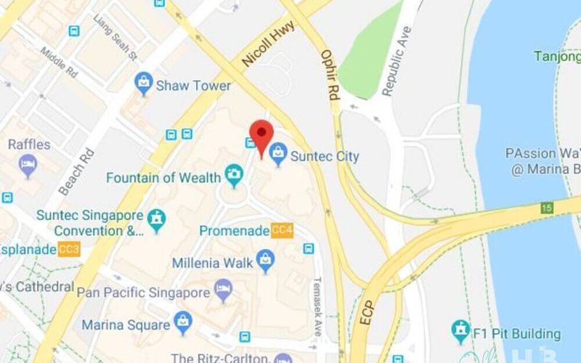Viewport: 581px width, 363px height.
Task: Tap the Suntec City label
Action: click(324, 155)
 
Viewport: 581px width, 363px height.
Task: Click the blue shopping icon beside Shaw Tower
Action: click(144, 84)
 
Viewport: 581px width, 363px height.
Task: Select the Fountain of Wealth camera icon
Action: click(234, 174)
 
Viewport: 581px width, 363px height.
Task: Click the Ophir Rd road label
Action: click(330, 75)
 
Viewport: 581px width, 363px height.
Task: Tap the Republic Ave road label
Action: click(397, 61)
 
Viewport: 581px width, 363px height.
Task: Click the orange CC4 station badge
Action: click(282, 231)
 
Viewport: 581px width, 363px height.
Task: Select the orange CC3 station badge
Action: click(70, 250)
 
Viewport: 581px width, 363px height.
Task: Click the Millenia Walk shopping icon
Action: click(266, 259)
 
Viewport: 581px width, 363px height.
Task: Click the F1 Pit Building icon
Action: click(460, 331)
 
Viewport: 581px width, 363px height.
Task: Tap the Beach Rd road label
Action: click(76, 171)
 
